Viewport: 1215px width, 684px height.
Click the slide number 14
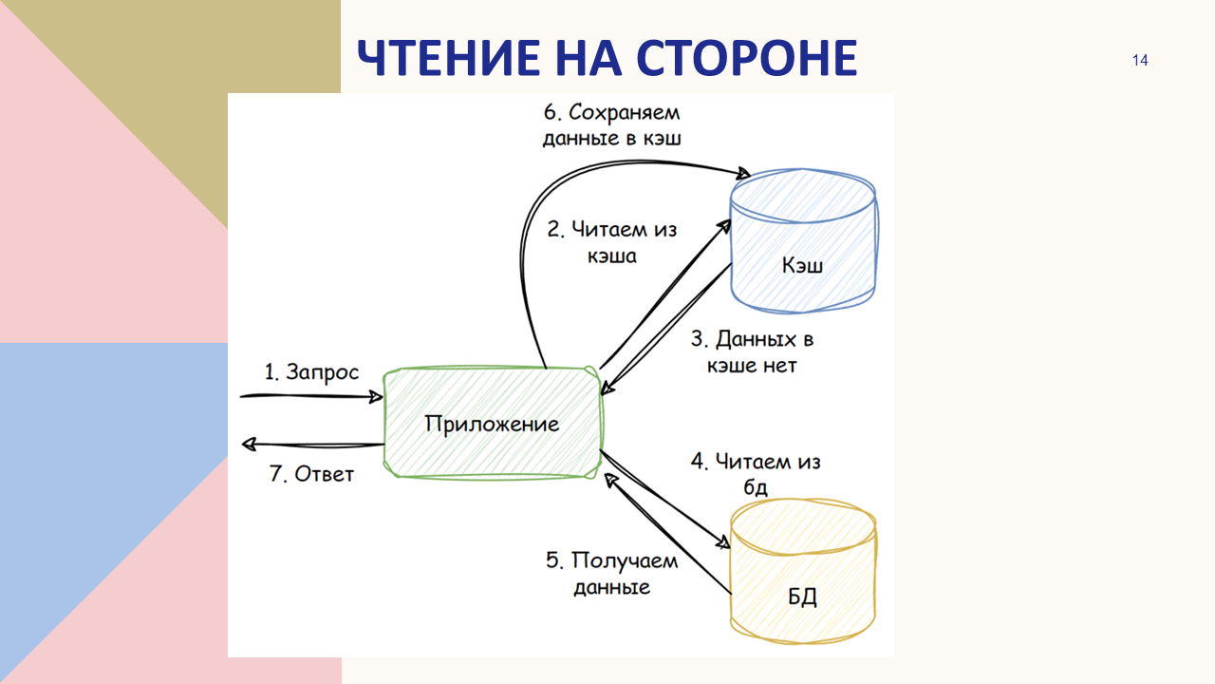click(x=1140, y=60)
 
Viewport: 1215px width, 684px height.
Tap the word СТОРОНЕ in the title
click(x=747, y=58)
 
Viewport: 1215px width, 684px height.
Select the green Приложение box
click(x=493, y=423)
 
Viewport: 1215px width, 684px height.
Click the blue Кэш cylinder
click(x=803, y=240)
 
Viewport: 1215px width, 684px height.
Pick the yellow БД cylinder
click(x=803, y=571)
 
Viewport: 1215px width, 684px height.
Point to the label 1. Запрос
click(x=311, y=372)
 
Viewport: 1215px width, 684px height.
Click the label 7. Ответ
click(x=311, y=474)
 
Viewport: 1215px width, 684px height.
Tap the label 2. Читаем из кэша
click(x=612, y=242)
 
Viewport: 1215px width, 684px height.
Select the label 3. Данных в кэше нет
click(x=752, y=351)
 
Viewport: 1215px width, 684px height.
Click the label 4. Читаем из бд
click(x=755, y=473)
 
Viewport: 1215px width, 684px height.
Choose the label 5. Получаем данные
click(x=612, y=573)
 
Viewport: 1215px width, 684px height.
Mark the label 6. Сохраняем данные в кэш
click(x=612, y=124)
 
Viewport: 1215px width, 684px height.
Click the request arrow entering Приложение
click(x=311, y=396)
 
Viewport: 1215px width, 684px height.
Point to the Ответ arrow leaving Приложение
click(x=312, y=446)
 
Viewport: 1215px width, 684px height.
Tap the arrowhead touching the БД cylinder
click(x=723, y=541)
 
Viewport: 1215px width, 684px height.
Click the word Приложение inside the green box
click(x=492, y=424)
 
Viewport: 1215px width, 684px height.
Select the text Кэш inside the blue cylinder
click(x=803, y=265)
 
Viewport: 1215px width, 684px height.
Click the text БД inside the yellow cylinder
click(x=802, y=598)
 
